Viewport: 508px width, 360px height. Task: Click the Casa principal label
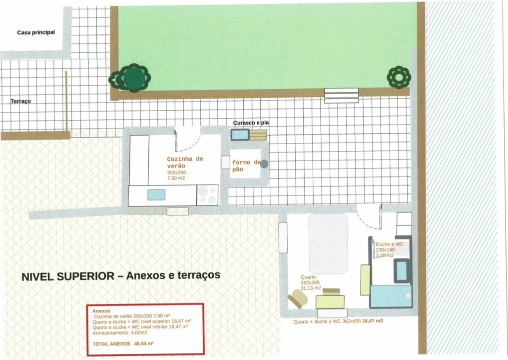[x=36, y=32]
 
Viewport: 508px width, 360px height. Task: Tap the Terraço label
[x=21, y=101]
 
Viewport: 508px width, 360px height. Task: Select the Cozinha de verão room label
[x=185, y=162]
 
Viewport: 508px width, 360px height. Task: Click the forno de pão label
[x=246, y=165]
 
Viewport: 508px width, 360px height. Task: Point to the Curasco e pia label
[x=251, y=122]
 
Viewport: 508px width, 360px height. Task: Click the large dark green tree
[x=133, y=78]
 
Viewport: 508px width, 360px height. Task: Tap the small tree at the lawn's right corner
[x=399, y=77]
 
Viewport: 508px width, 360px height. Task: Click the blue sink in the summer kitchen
[x=156, y=195]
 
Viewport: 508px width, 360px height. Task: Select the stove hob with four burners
[x=208, y=194]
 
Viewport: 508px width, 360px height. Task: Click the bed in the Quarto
[x=328, y=243]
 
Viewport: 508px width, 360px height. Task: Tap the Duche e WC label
[x=390, y=244]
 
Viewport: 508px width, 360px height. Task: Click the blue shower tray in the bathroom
[x=391, y=296]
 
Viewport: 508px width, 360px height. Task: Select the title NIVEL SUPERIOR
[x=68, y=276]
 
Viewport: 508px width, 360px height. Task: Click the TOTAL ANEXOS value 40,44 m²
[x=144, y=343]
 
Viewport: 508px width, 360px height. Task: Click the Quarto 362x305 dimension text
[x=310, y=282]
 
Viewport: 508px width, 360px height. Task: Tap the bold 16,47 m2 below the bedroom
[x=373, y=321]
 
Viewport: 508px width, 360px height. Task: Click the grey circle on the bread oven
[x=264, y=164]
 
